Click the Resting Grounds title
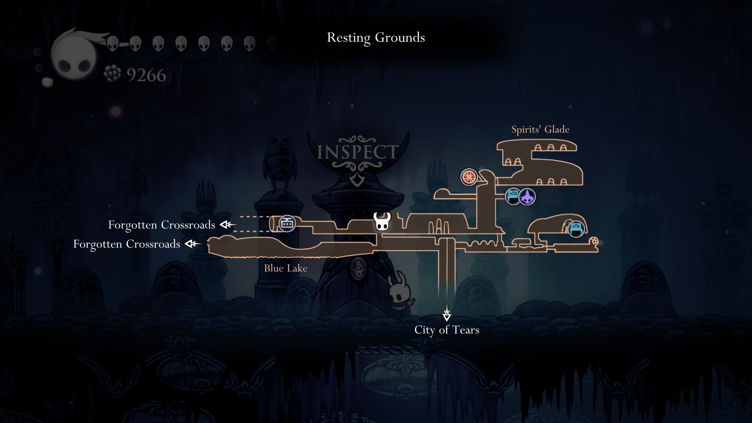click(376, 38)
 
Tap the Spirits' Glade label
click(540, 130)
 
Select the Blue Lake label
click(286, 268)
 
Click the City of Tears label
click(446, 330)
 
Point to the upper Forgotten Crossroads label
click(161, 225)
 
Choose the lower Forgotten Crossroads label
click(127, 244)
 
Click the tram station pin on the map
click(287, 224)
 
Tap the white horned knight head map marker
click(381, 222)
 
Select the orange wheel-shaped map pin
click(469, 177)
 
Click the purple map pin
click(528, 197)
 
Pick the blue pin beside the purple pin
click(513, 196)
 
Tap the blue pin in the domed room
click(576, 229)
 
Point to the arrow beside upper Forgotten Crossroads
click(228, 225)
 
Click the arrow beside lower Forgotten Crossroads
click(193, 244)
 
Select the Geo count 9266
click(146, 75)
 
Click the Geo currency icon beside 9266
click(113, 74)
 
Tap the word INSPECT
click(357, 152)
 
